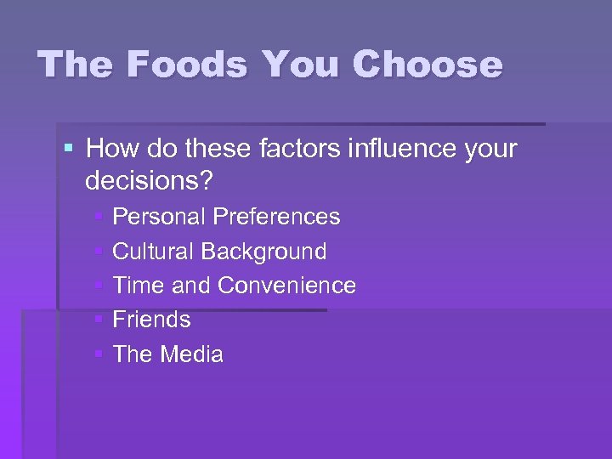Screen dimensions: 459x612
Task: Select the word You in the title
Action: pos(301,65)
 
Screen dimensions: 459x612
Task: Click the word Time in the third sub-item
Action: pos(138,286)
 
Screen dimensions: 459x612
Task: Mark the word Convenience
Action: pos(286,286)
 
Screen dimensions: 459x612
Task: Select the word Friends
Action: pos(151,320)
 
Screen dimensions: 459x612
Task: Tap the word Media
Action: pos(192,354)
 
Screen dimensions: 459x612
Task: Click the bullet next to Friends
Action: pos(99,320)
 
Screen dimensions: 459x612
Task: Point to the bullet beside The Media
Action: pos(99,354)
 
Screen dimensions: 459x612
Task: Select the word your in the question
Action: pos(491,150)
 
